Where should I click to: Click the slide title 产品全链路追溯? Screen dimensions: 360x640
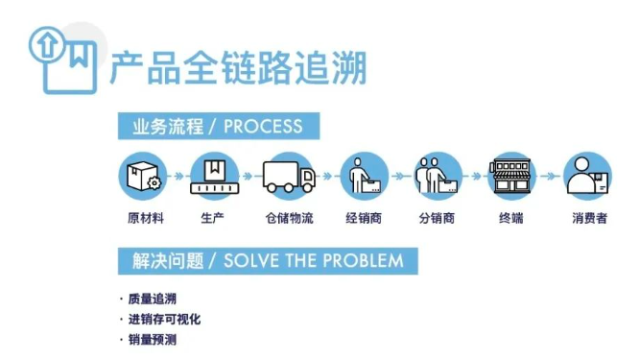tap(238, 68)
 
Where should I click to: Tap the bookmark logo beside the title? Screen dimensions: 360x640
tap(63, 58)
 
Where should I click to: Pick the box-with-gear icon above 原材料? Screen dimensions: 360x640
tap(144, 177)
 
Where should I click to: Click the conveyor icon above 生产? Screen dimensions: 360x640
tap(215, 177)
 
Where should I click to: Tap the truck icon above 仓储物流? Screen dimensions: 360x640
tap(289, 177)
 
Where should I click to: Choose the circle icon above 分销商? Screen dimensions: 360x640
tap(438, 177)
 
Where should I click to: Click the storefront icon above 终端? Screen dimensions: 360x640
tap(510, 177)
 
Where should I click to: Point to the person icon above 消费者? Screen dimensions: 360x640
tap(586, 177)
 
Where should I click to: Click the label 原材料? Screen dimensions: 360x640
tap(145, 219)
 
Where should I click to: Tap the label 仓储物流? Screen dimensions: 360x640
tap(289, 219)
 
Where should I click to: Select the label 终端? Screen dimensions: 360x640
tap(510, 219)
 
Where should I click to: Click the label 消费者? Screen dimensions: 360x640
tap(588, 219)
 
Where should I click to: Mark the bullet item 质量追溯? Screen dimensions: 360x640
tap(153, 299)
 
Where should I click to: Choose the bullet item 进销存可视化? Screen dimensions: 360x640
tap(164, 319)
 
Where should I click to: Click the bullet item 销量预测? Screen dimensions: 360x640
tap(153, 340)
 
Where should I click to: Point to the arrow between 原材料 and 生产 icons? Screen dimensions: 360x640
tap(179, 177)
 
